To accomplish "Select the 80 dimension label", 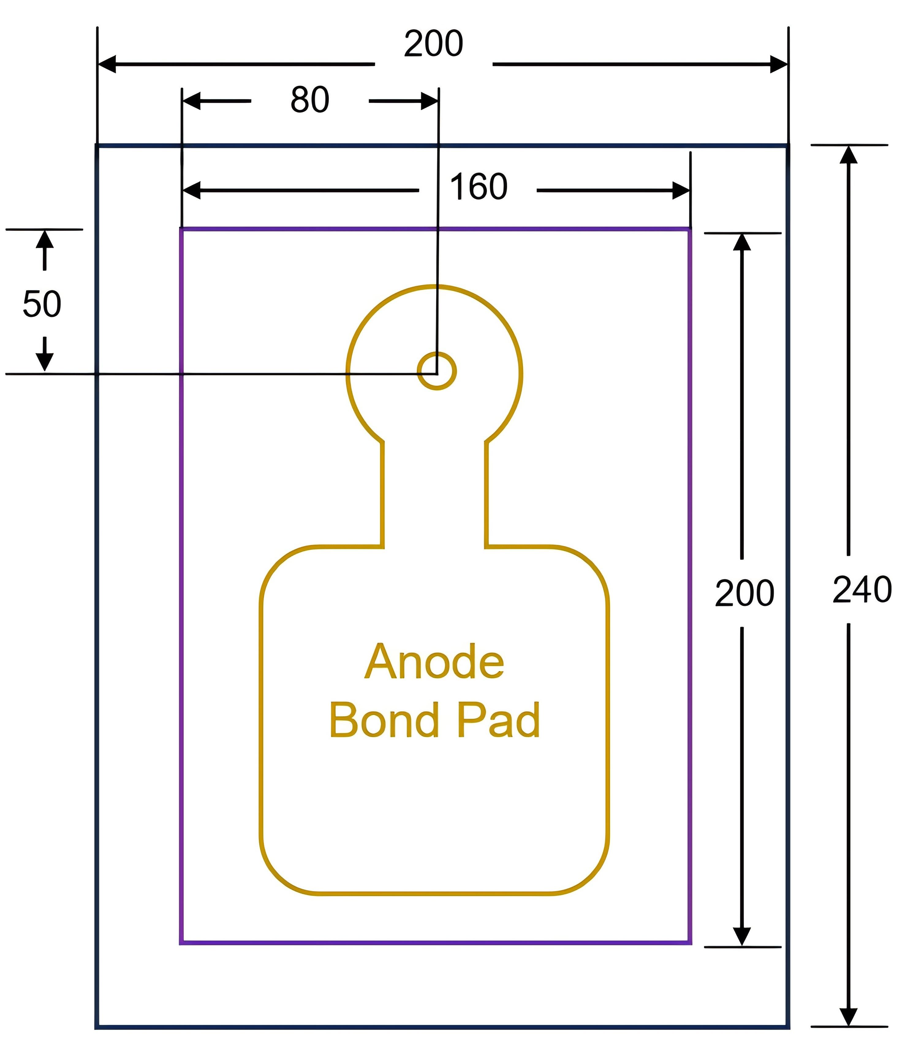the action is (310, 99).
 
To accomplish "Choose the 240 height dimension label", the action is (862, 590).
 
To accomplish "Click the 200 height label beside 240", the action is (745, 593).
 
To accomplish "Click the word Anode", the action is (435, 662).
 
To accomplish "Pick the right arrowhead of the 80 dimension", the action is (430, 101).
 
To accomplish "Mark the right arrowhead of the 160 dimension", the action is (681, 190).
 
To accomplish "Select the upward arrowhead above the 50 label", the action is (45, 239).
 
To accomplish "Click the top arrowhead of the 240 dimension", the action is (849, 155).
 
